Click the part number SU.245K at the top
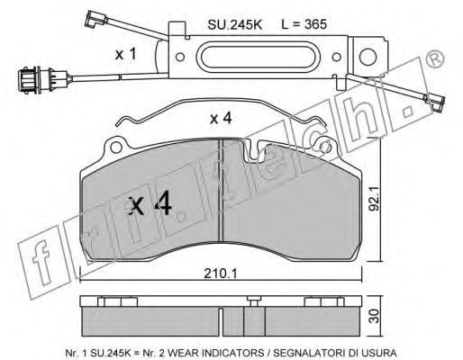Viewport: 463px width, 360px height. click(234, 24)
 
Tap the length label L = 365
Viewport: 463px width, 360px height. click(304, 24)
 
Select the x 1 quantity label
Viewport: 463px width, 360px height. click(126, 54)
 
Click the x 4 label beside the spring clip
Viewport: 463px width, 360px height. click(221, 119)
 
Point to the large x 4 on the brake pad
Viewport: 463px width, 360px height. click(150, 204)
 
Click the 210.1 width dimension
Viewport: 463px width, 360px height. click(221, 274)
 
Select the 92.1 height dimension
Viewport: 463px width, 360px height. click(375, 198)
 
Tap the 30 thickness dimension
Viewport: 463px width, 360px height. click(375, 317)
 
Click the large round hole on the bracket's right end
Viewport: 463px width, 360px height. click(368, 57)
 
